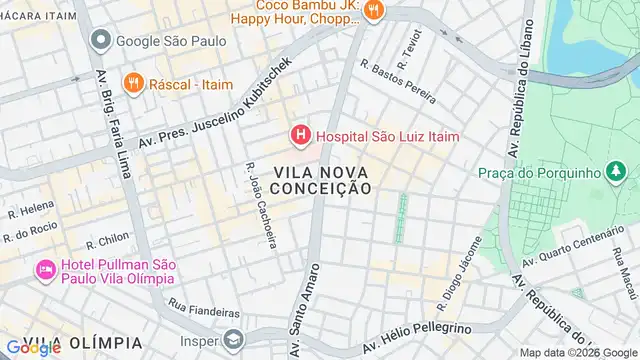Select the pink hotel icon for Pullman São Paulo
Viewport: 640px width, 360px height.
coord(45,269)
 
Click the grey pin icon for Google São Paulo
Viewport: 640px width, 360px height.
coord(100,41)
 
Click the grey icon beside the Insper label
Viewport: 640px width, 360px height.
coord(233,341)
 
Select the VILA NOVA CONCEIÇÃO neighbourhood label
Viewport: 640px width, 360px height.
coord(307,180)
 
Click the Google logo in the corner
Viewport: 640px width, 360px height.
coord(33,347)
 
